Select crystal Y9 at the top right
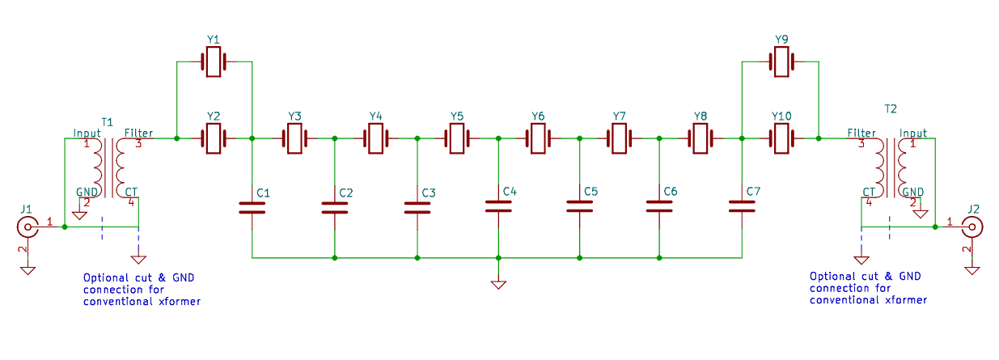781,62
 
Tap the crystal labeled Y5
457,139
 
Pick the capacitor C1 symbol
252,208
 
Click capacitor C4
498,206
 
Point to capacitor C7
742,206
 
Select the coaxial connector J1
28,227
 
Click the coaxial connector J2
971,227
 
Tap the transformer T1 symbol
109,165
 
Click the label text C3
429,193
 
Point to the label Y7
620,116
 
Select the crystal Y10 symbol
781,139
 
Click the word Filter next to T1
138,133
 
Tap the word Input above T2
913,133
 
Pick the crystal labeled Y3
294,139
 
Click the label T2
891,108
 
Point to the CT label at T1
131,191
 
